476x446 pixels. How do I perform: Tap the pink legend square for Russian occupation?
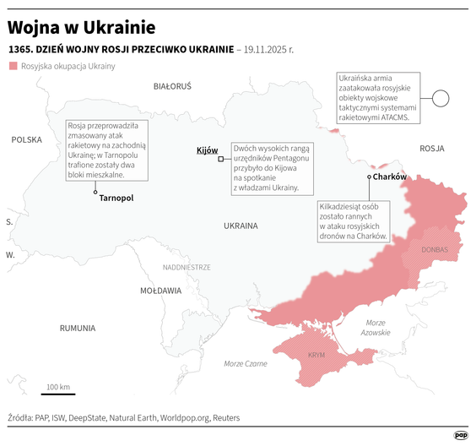pyautogui.click(x=12, y=66)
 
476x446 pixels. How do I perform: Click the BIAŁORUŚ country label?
pyautogui.click(x=172, y=86)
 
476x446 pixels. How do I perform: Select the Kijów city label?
pyautogui.click(x=207, y=150)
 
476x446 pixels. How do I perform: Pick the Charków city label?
pyautogui.click(x=390, y=177)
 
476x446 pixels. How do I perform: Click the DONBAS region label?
pyautogui.click(x=434, y=250)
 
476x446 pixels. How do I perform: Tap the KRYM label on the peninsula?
pyautogui.click(x=316, y=356)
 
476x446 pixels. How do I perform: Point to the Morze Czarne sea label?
pyautogui.click(x=245, y=364)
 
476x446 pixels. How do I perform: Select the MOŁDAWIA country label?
pyautogui.click(x=160, y=291)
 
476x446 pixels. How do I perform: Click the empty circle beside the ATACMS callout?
pyautogui.click(x=440, y=99)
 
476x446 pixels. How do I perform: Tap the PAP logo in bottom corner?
pyautogui.click(x=461, y=435)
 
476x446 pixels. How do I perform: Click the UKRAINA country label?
pyautogui.click(x=241, y=226)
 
